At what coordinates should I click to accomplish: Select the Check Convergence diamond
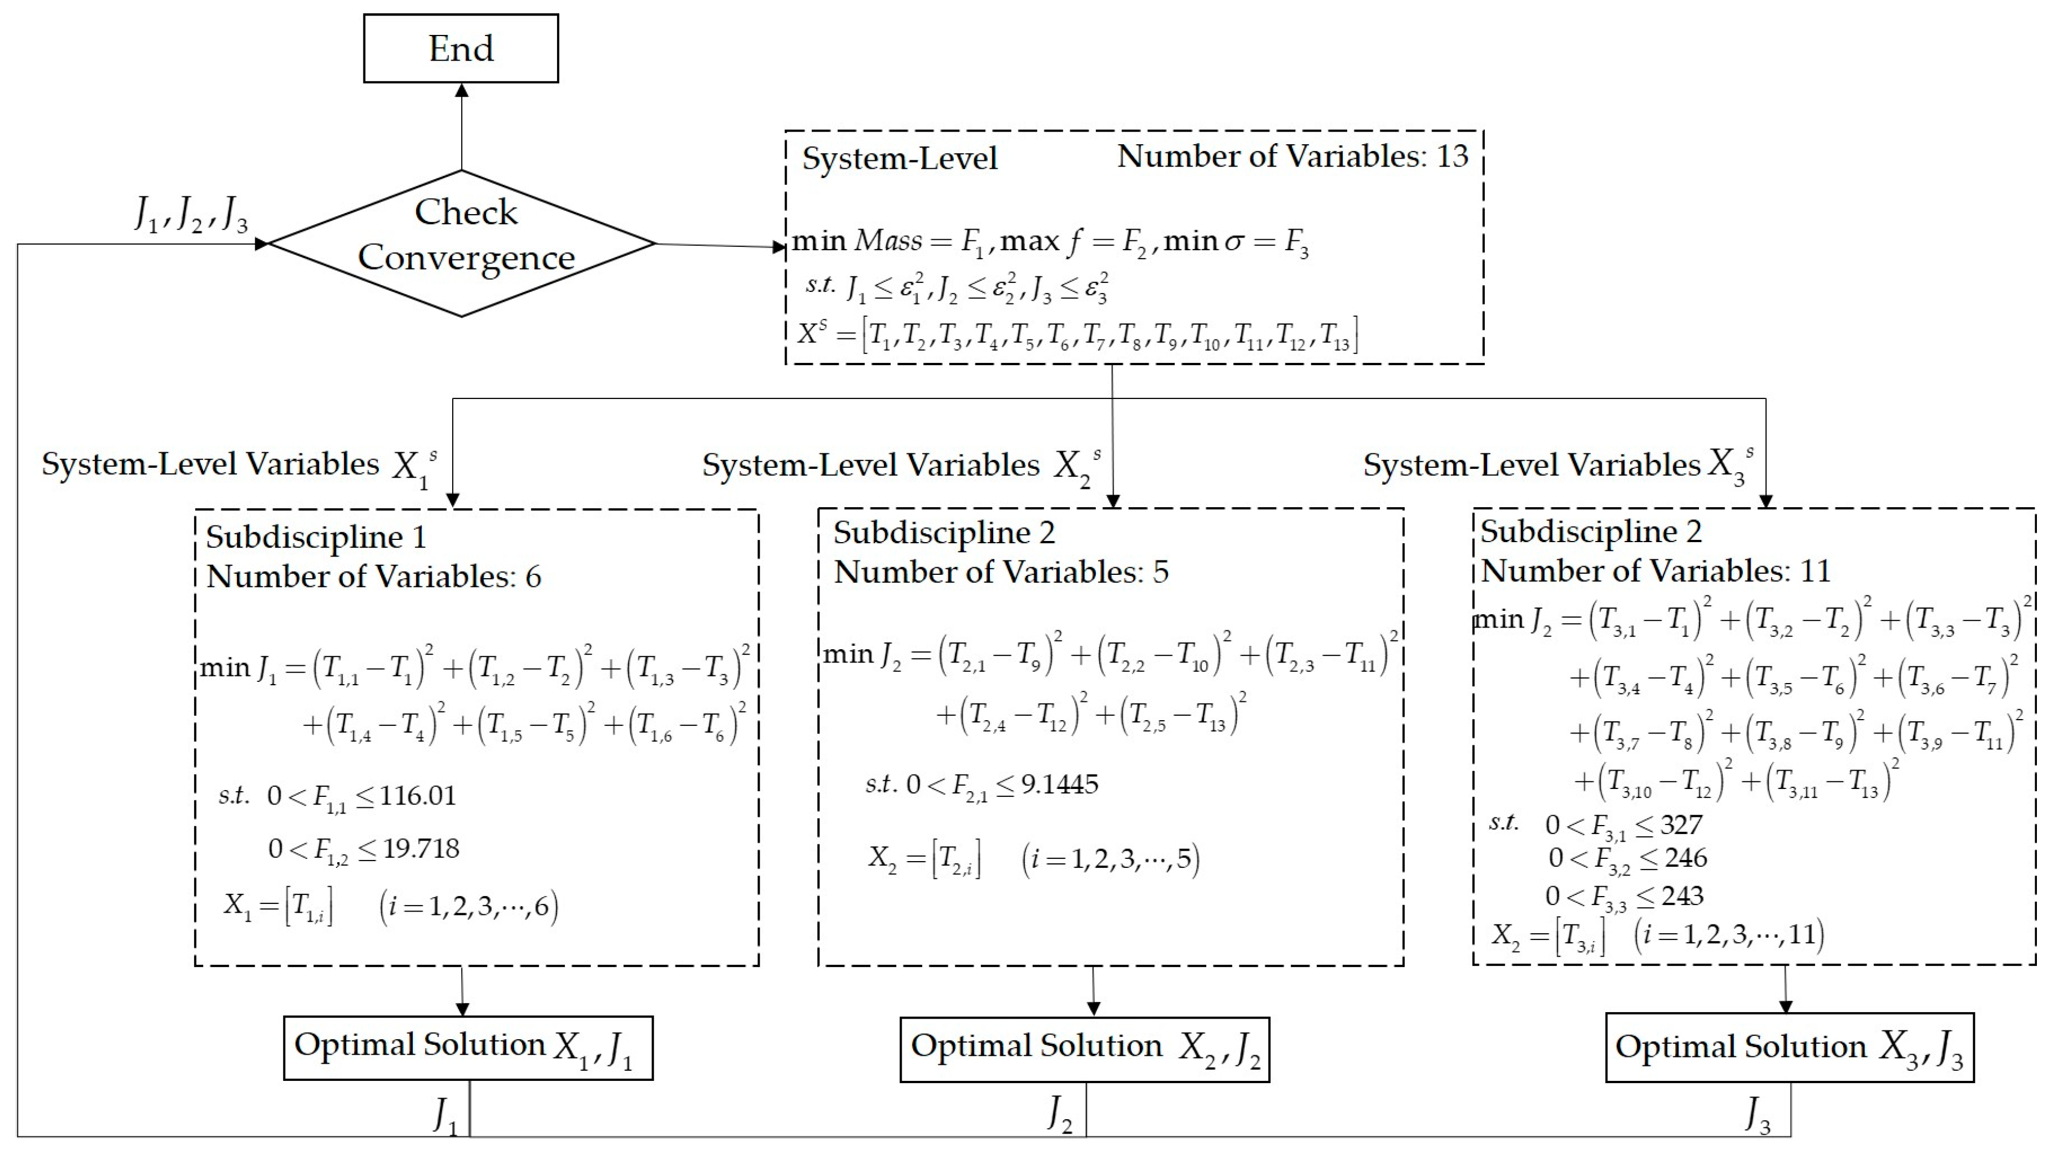[x=462, y=242]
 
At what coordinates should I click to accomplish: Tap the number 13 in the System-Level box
[x=1452, y=156]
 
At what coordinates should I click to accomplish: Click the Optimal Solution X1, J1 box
[x=468, y=1048]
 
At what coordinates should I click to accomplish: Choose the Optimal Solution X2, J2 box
[x=1084, y=1049]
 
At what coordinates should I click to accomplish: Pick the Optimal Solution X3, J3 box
[x=1789, y=1048]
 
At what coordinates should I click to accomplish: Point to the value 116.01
[x=418, y=795]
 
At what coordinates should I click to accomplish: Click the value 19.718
[x=421, y=848]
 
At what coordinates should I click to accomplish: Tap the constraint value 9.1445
[x=1059, y=784]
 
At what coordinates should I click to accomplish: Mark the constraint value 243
[x=1682, y=896]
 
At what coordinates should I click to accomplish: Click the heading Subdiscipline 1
[x=316, y=537]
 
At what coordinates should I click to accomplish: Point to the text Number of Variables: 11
[x=1655, y=572]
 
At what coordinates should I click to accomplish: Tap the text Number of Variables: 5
[x=1001, y=572]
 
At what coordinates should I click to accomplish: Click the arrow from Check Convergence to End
[x=462, y=128]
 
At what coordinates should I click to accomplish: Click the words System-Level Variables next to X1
[x=210, y=464]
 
